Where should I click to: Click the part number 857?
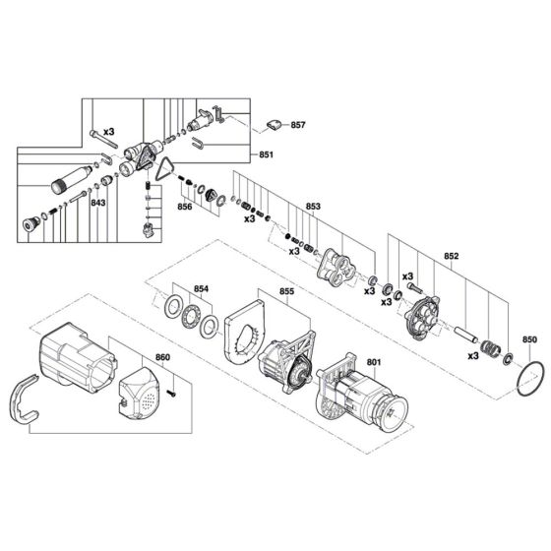coord(298,126)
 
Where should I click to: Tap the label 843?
coord(98,204)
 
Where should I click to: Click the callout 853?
coord(313,207)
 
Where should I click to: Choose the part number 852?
coord(451,254)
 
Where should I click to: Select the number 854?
coord(202,289)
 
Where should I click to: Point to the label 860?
coord(162,358)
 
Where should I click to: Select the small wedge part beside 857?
coord(273,125)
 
